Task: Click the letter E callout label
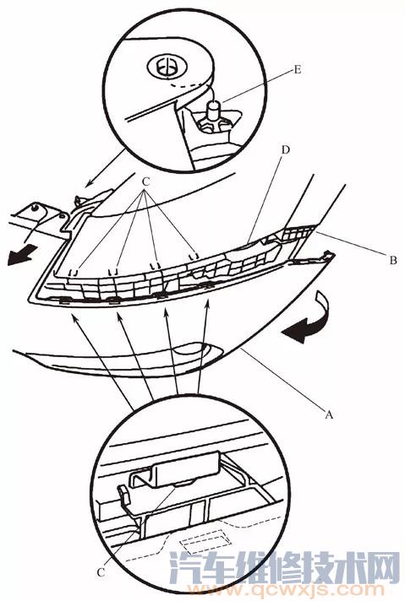pyautogui.click(x=297, y=70)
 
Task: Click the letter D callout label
pyautogui.click(x=285, y=149)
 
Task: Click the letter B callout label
pyautogui.click(x=392, y=261)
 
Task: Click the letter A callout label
pyautogui.click(x=329, y=414)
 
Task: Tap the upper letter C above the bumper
pyautogui.click(x=145, y=182)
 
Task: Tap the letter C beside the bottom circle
pyautogui.click(x=101, y=572)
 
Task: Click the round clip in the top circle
pyautogui.click(x=167, y=68)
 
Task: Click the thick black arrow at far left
pyautogui.click(x=21, y=256)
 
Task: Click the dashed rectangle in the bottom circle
pyautogui.click(x=206, y=538)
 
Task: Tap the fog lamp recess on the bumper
pyautogui.click(x=194, y=349)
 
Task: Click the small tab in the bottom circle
pyautogui.click(x=123, y=492)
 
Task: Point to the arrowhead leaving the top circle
pyautogui.click(x=89, y=183)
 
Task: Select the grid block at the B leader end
pyautogui.click(x=299, y=233)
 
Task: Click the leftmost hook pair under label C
pyautogui.click(x=73, y=273)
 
